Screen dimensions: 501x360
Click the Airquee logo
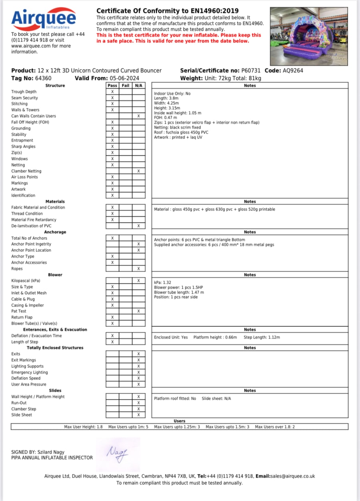coord(44,18)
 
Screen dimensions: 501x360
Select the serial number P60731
coord(251,70)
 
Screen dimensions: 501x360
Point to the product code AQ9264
coord(293,70)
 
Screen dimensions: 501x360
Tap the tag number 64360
coord(43,78)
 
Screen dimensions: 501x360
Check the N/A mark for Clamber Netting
coord(138,171)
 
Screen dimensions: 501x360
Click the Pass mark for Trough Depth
coord(112,92)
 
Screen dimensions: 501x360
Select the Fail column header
coord(126,86)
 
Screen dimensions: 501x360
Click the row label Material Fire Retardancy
coord(34,220)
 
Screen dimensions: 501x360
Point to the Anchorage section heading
coord(55,232)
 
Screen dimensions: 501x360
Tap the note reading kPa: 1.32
coord(163,283)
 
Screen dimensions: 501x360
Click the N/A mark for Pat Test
coord(138,311)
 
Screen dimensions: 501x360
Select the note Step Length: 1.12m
coord(262,337)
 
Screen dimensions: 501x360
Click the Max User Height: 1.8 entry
coord(83,427)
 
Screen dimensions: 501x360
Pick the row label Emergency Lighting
coord(30,372)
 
